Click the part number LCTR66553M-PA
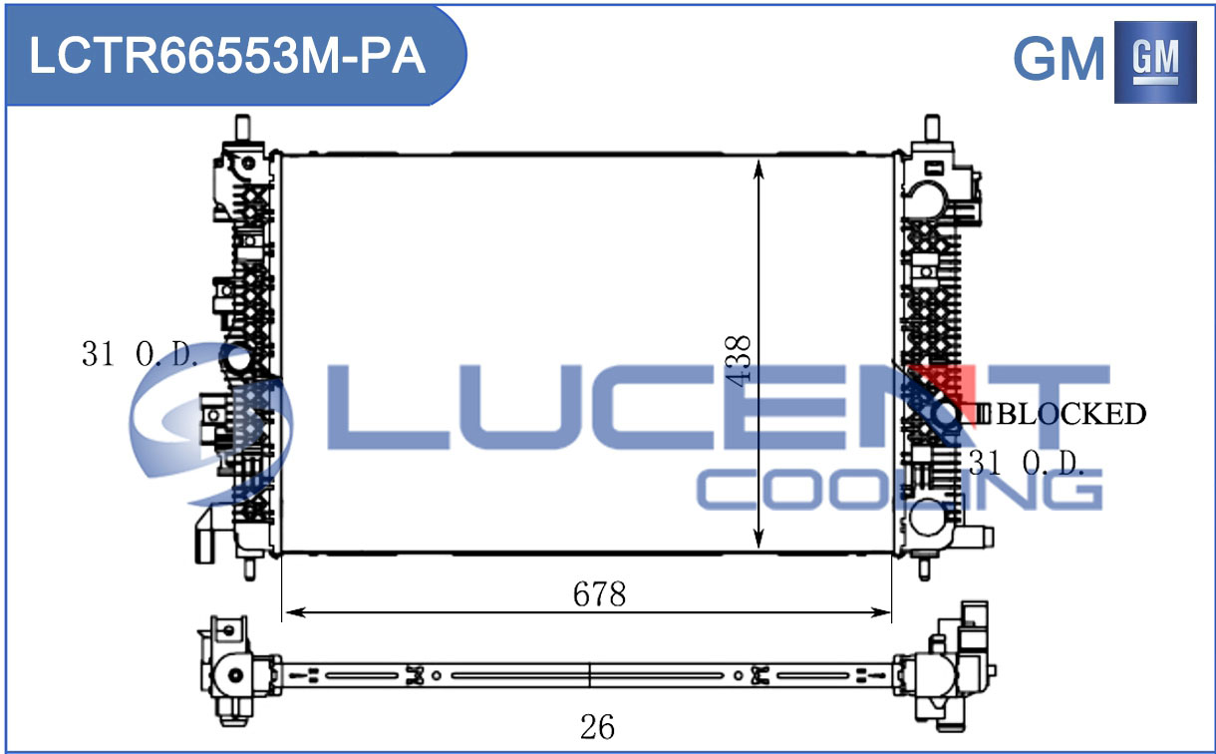(x=227, y=56)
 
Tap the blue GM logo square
(x=1155, y=62)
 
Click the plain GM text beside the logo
(x=1059, y=59)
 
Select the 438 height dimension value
(x=739, y=361)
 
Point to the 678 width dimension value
(x=599, y=593)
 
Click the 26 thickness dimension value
(x=597, y=727)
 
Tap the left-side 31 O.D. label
(x=140, y=354)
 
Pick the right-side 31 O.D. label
(x=1026, y=463)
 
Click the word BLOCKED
(x=1071, y=414)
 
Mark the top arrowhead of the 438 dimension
(x=759, y=168)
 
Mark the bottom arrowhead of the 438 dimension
(x=759, y=539)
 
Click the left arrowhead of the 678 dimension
(x=295, y=612)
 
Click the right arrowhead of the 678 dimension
(x=880, y=612)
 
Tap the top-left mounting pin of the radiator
(x=242, y=128)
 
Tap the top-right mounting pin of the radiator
(x=932, y=129)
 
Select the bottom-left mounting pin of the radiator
(x=249, y=568)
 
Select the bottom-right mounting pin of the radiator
(x=924, y=567)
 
